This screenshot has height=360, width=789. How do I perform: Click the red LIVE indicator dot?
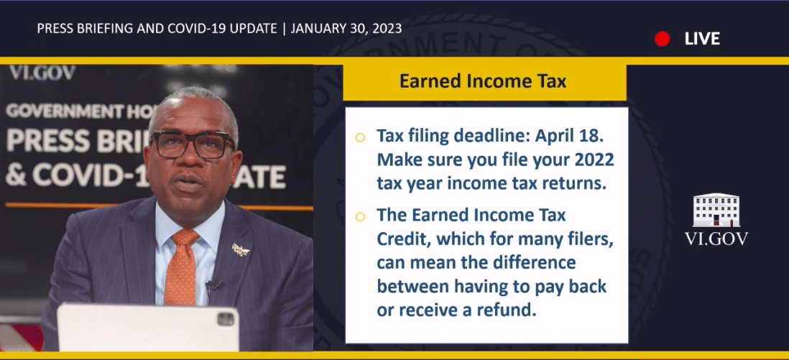(663, 39)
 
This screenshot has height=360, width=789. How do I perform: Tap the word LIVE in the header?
(702, 39)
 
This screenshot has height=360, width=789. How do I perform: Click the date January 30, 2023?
(346, 29)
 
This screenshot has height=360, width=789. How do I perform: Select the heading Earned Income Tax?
(483, 81)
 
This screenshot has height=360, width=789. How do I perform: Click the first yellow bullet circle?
(360, 137)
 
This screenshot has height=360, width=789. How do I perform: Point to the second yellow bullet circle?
(360, 216)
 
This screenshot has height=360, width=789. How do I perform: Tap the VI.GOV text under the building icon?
(716, 239)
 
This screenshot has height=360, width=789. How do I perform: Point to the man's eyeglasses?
(193, 144)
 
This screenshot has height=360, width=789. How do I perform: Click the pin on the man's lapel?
(241, 249)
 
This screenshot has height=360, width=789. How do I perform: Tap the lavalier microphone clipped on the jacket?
(213, 285)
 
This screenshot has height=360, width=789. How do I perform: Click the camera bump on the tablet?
(226, 318)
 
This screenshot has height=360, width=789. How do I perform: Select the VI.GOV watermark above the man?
(42, 73)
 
